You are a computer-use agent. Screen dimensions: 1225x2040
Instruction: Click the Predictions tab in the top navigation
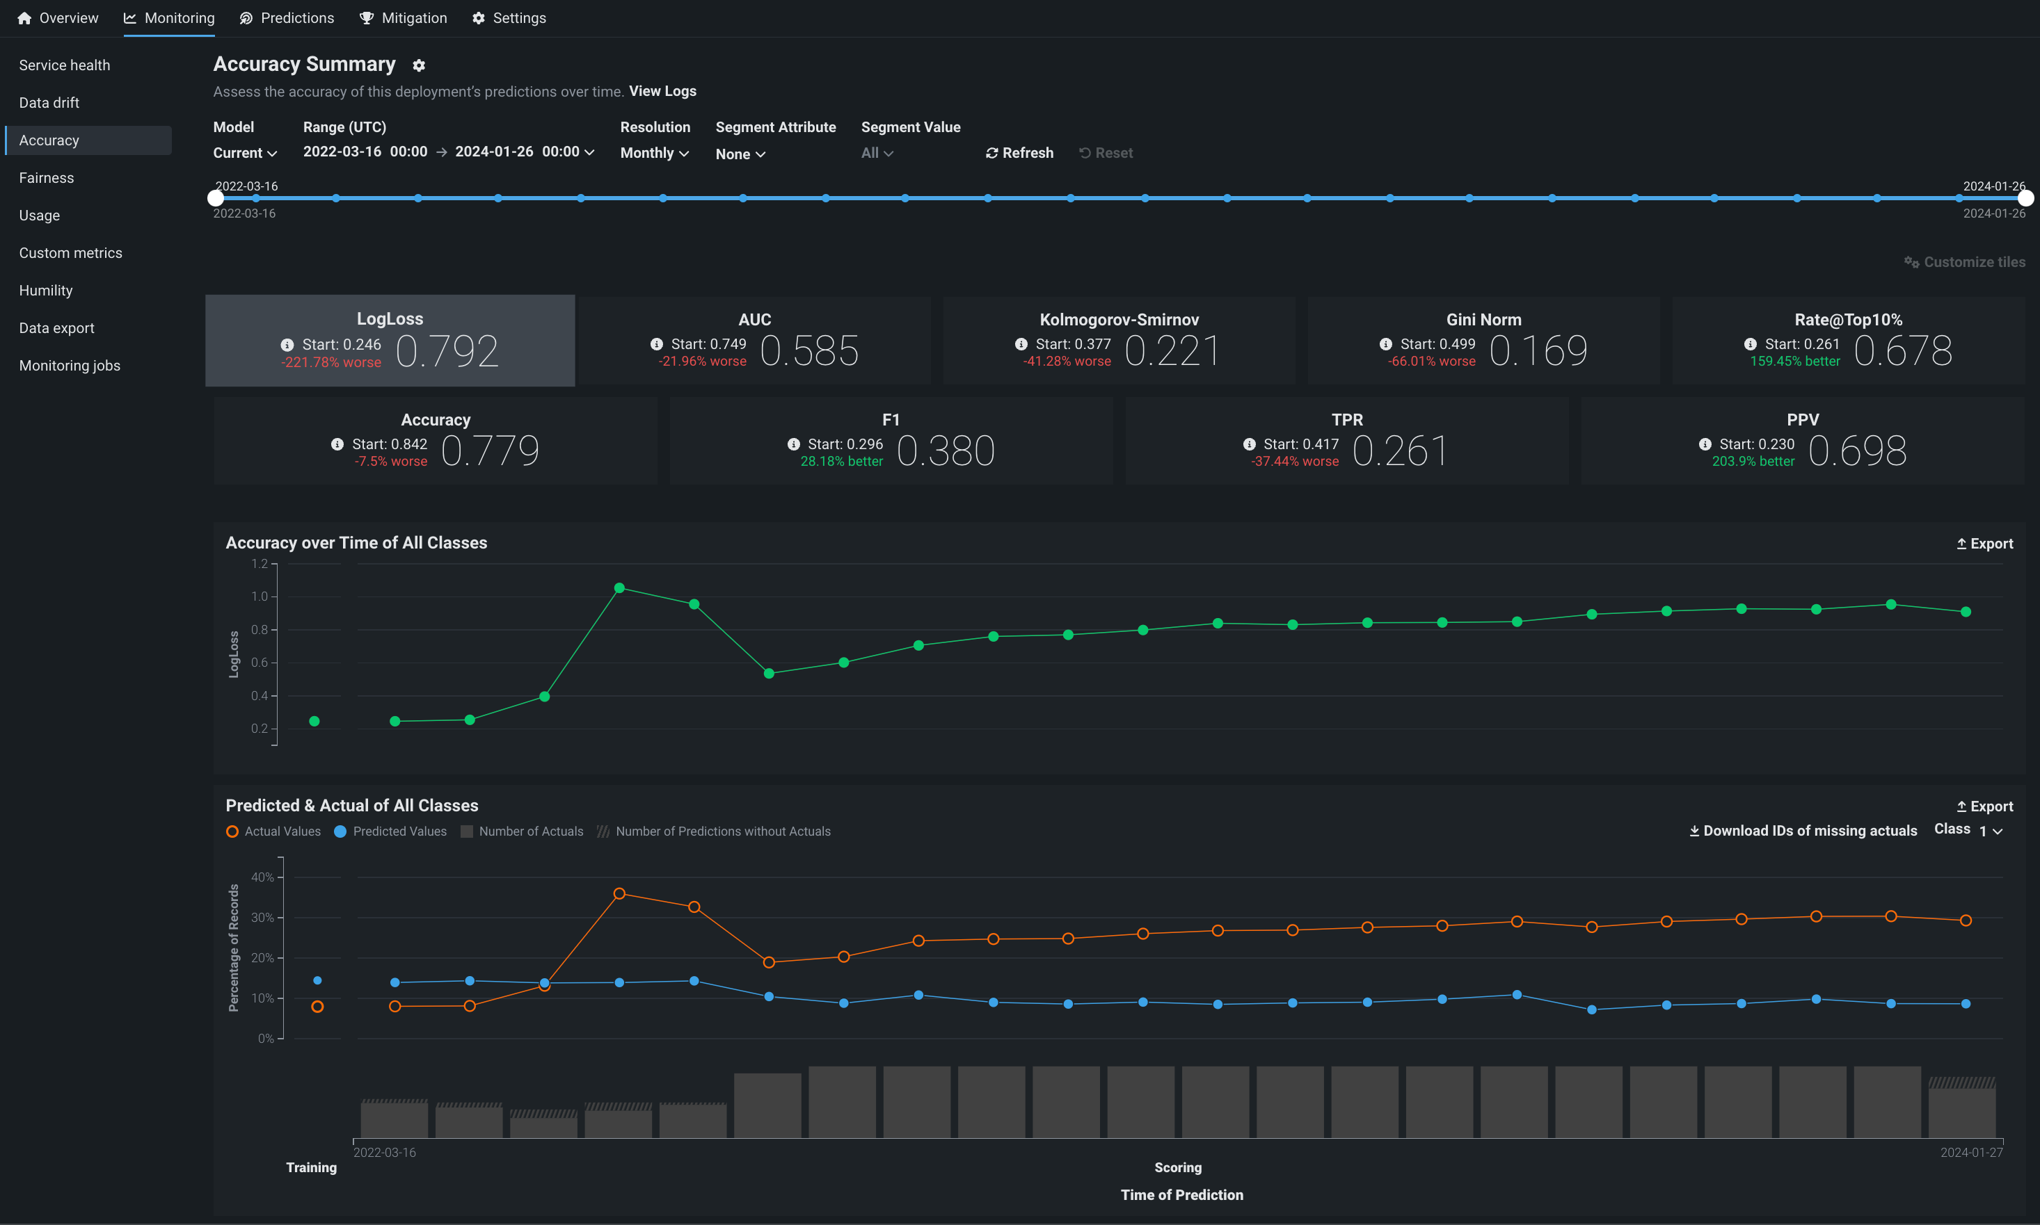coord(287,18)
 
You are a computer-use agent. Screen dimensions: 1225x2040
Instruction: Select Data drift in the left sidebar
coord(49,103)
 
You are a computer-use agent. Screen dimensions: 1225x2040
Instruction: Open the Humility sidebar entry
coord(46,291)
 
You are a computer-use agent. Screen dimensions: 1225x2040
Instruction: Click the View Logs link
coord(662,92)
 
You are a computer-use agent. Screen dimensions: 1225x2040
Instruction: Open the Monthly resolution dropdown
coord(654,154)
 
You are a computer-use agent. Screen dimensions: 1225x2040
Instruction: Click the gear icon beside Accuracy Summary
coord(419,65)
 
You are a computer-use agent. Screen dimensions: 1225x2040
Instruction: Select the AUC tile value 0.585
coord(809,351)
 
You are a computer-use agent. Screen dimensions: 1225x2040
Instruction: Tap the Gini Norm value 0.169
coord(1538,351)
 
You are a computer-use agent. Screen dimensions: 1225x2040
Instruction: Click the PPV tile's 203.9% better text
coord(1753,462)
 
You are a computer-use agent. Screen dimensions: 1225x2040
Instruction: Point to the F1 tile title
coord(891,420)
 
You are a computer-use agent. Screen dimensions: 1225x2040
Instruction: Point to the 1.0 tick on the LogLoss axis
coord(260,597)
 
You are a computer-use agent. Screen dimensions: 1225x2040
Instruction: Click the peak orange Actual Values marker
coord(619,894)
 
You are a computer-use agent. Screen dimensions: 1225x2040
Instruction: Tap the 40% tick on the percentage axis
coord(262,877)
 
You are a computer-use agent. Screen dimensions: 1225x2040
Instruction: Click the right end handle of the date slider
coord(2025,198)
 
